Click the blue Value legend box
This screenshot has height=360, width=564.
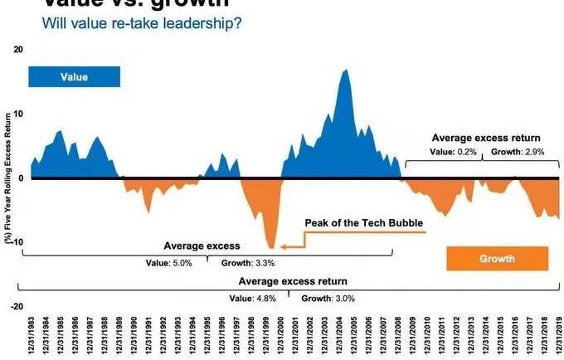point(74,76)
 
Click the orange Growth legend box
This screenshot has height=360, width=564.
point(497,259)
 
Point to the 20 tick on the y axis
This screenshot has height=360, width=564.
point(18,50)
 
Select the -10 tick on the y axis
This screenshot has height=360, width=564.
point(17,242)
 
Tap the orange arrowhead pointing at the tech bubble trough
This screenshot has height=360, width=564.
point(284,246)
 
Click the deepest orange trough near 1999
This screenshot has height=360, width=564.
point(271,247)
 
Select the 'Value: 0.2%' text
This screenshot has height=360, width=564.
point(454,153)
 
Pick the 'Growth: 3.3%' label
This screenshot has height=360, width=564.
point(246,263)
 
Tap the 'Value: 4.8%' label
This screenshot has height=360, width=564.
point(253,298)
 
